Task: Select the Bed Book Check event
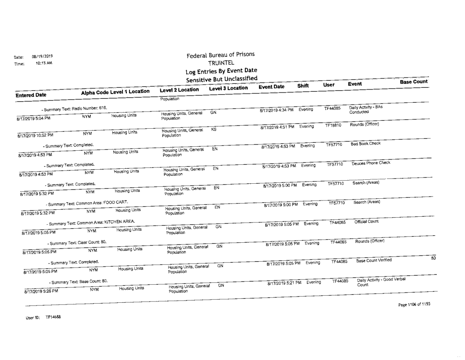coord(363,144)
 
